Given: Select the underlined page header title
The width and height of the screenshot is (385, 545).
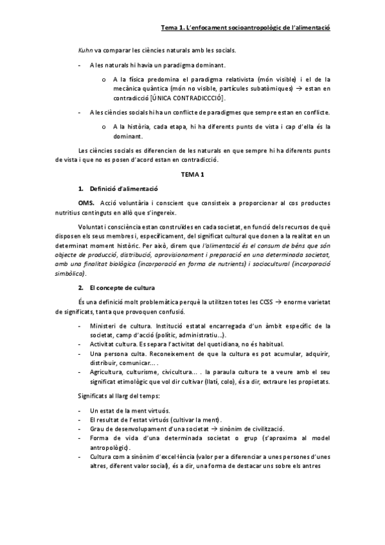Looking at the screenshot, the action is point(246,28).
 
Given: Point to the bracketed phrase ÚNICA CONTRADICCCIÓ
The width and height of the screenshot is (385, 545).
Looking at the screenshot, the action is point(187,97).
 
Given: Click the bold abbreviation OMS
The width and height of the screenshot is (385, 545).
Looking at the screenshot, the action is point(86,202).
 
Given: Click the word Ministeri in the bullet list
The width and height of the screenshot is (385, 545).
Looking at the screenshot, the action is point(105,326).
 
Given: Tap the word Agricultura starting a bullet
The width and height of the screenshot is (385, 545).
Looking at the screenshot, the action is point(109,372).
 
